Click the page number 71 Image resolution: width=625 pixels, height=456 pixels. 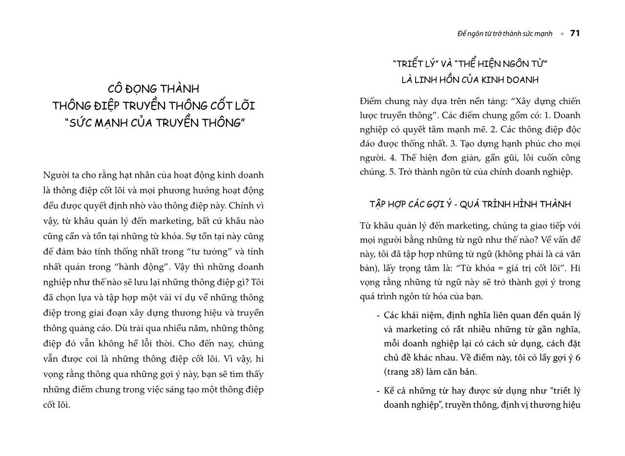tap(575, 33)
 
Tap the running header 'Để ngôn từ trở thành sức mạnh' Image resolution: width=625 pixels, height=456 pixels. tap(504, 34)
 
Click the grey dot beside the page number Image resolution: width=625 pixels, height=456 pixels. tap(562, 34)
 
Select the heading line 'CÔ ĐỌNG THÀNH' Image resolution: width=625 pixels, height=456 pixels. tap(153, 89)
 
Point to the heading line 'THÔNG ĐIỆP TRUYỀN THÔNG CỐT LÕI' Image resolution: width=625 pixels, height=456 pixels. tap(153, 106)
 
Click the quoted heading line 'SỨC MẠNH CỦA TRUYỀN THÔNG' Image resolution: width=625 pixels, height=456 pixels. tap(153, 123)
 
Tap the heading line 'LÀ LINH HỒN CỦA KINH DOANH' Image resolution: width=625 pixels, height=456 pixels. tap(470, 80)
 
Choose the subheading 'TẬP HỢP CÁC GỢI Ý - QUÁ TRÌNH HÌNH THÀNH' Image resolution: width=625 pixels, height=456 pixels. tap(470, 204)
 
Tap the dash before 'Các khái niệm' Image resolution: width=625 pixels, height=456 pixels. tap(378, 315)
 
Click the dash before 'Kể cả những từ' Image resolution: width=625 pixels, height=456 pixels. tap(378, 391)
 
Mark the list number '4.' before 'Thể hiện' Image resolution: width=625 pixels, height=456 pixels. tap(393, 158)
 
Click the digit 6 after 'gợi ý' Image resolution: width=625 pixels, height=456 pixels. tap(578, 357)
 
